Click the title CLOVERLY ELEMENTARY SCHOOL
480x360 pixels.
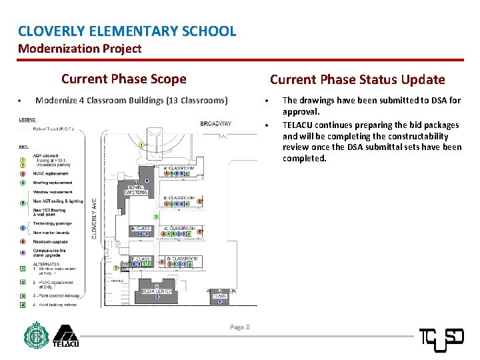click(127, 31)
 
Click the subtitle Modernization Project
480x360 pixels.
click(79, 49)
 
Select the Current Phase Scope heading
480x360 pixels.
click(123, 79)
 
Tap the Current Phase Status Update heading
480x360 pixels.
click(357, 79)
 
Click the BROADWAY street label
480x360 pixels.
click(216, 123)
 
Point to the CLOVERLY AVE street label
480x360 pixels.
click(94, 218)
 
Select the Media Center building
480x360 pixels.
click(157, 291)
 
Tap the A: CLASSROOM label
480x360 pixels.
click(178, 168)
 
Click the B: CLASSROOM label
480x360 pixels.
click(179, 198)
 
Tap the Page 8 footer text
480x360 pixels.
click(239, 327)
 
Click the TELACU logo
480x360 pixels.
click(65, 336)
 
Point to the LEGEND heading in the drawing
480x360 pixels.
click(28, 120)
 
